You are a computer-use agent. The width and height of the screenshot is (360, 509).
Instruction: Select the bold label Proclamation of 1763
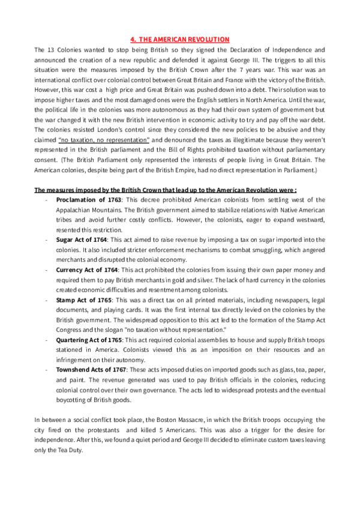pos(89,199)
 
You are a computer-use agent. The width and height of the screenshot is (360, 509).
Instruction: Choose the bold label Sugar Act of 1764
pos(81,239)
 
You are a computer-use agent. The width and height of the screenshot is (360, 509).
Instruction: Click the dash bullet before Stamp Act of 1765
pos(46,300)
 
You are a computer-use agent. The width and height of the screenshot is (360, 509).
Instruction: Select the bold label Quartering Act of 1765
pos(89,340)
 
